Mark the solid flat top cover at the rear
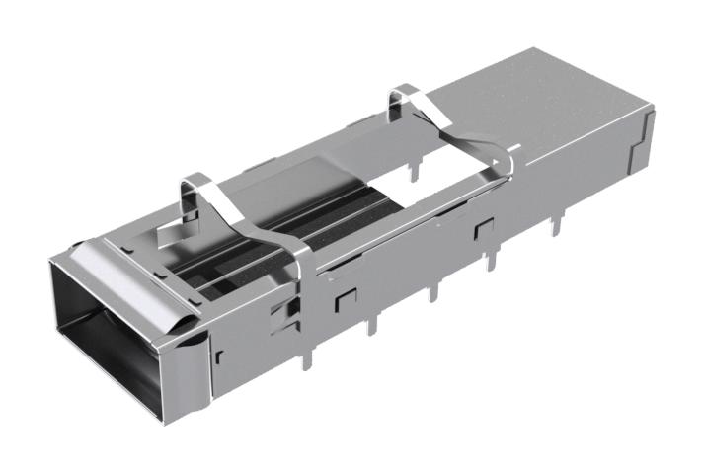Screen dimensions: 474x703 pos(553,109)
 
